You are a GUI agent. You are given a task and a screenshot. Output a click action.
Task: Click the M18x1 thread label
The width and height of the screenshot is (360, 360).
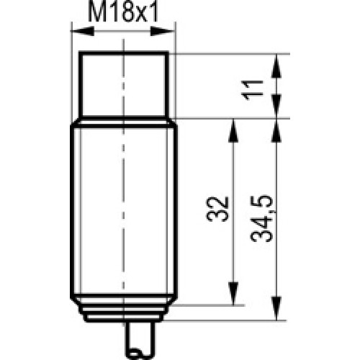tap(124, 13)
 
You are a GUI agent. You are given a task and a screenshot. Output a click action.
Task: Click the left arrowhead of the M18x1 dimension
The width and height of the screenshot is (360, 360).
tap(78, 30)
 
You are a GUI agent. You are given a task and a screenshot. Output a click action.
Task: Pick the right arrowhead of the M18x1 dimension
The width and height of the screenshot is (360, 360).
tap(171, 30)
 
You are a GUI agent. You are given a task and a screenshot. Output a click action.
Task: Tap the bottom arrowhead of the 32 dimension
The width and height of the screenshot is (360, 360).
tap(233, 297)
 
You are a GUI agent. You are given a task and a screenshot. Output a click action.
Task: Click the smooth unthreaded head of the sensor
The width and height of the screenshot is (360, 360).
tap(125, 85)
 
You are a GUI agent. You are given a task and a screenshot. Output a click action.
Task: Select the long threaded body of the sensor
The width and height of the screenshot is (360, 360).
tap(124, 209)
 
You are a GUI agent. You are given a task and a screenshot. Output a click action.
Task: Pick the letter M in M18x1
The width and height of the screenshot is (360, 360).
tap(96, 13)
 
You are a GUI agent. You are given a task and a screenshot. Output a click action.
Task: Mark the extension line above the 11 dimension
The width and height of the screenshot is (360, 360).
tap(230, 54)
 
